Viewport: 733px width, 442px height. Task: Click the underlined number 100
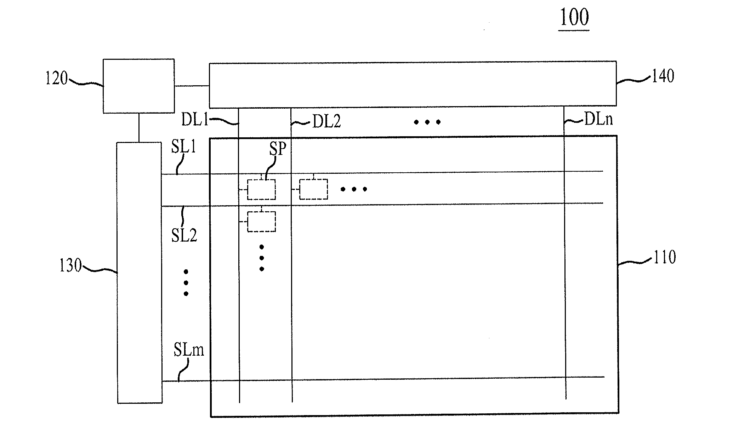(574, 17)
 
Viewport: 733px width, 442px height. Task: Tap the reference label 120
(56, 79)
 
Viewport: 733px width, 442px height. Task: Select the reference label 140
(663, 76)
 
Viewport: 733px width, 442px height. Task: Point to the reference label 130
(70, 266)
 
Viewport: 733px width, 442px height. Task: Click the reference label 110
(665, 257)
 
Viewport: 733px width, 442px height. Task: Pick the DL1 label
(195, 120)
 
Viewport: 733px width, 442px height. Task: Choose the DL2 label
(326, 122)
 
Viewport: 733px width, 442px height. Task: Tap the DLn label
(598, 120)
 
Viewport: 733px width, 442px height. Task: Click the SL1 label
(183, 147)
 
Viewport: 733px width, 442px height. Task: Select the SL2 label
(184, 235)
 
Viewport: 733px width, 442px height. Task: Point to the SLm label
(189, 350)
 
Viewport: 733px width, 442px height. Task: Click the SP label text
(277, 149)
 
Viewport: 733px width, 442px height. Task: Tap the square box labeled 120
(138, 86)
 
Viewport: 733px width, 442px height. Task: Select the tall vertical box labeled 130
(139, 272)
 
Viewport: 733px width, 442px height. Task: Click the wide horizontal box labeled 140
(413, 85)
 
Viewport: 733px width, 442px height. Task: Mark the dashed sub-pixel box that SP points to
(261, 190)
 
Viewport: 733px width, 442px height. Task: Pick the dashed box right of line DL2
(313, 189)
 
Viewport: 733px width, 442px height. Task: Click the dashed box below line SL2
(261, 222)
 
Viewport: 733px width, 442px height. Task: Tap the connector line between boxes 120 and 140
(192, 86)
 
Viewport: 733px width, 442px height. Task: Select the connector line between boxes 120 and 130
(138, 128)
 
